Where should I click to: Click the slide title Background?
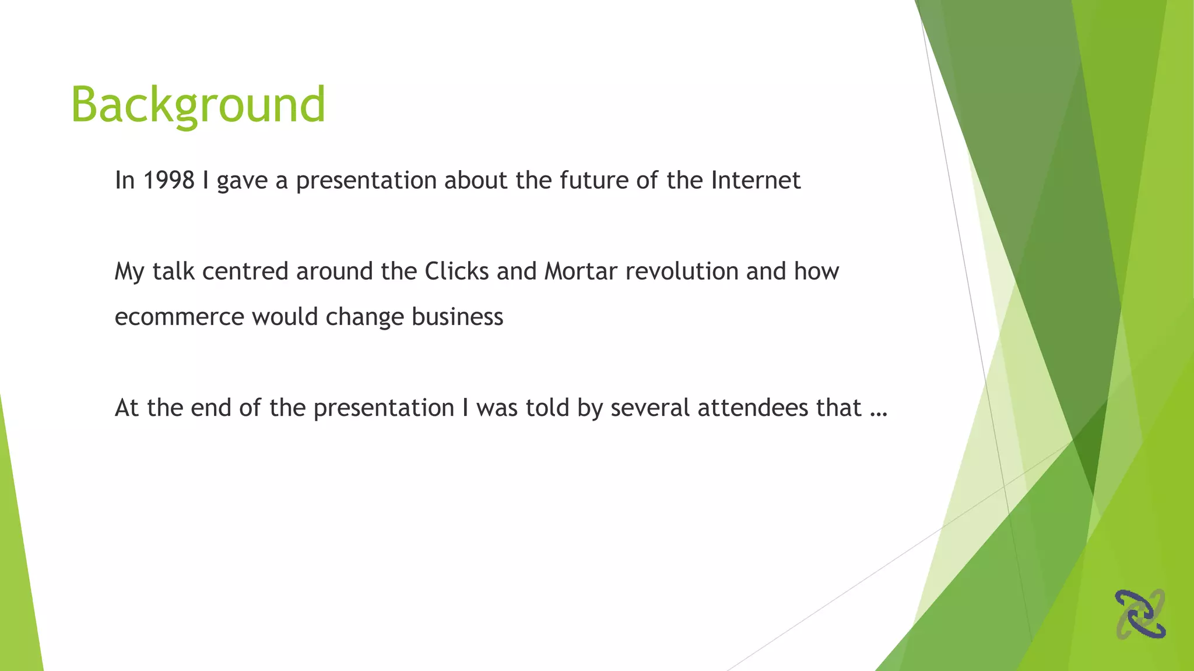point(198,105)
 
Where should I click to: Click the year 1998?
point(168,181)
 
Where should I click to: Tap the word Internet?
point(756,181)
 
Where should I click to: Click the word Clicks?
point(456,271)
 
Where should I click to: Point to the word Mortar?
point(580,271)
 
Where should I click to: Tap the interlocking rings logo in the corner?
point(1140,614)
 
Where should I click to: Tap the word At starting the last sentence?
point(127,408)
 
